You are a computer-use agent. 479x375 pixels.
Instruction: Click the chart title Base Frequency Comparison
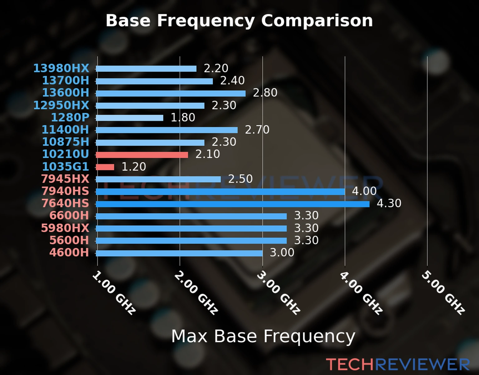[x=239, y=21]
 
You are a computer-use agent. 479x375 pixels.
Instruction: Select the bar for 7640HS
[x=233, y=204]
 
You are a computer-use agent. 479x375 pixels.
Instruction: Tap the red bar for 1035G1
[x=105, y=167]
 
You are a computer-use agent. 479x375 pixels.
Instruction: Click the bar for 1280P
[x=129, y=118]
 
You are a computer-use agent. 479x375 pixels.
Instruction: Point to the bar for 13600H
[x=171, y=93]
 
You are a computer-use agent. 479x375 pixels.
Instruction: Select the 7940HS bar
[x=220, y=192]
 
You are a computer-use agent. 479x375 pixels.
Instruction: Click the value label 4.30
[x=389, y=203]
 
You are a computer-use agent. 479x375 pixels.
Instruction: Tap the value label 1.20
[x=133, y=167]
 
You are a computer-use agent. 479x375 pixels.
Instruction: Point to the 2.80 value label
[x=265, y=93]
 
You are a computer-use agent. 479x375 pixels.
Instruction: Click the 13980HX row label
[x=61, y=68]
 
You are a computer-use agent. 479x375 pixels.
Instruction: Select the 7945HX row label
[x=65, y=179]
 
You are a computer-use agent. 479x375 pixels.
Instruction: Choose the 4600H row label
[x=69, y=252]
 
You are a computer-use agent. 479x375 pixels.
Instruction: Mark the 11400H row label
[x=65, y=130]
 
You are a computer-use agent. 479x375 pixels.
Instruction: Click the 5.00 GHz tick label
[x=443, y=292]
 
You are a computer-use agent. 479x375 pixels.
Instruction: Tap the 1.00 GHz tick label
[x=114, y=292]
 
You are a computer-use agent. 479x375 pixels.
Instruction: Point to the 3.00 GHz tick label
[x=278, y=292]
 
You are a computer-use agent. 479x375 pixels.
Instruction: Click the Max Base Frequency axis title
[x=263, y=336]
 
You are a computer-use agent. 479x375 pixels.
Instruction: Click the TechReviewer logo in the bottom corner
[x=398, y=364]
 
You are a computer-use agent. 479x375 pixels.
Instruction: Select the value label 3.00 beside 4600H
[x=282, y=252]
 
